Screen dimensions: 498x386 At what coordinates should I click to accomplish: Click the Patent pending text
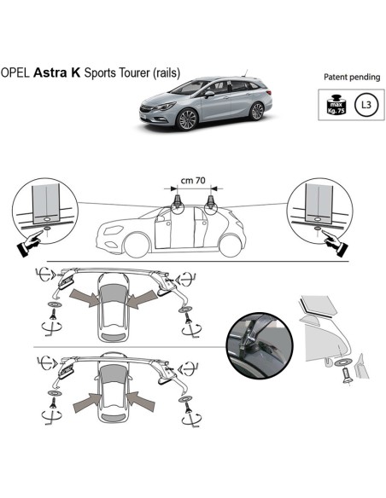pos(351,78)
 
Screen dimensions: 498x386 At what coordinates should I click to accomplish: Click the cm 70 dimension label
pos(193,181)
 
